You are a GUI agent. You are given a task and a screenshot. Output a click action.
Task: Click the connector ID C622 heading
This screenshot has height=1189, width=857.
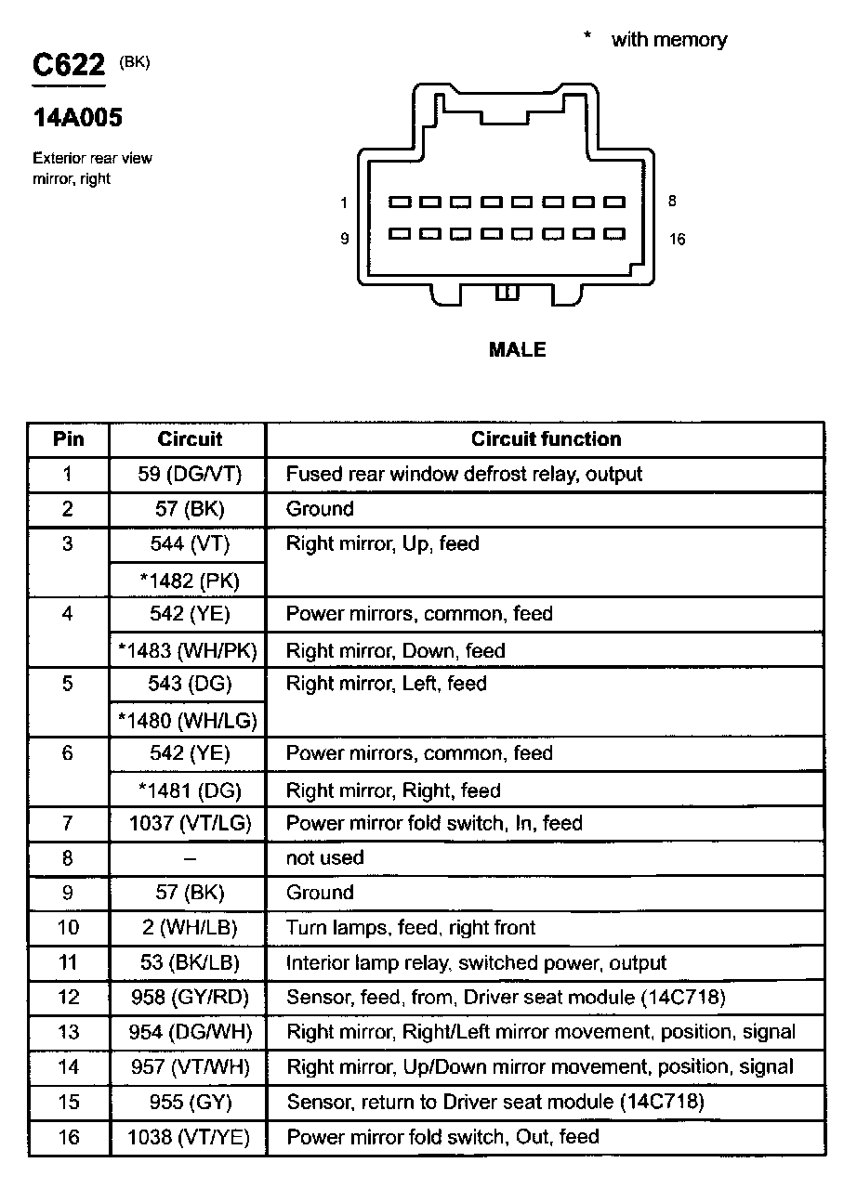click(x=69, y=65)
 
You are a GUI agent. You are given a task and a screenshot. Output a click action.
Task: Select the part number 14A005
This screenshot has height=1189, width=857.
click(x=78, y=118)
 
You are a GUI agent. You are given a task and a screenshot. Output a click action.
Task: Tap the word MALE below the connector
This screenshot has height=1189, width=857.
click(x=517, y=350)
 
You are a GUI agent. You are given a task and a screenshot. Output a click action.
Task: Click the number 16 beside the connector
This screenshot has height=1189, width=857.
click(x=677, y=240)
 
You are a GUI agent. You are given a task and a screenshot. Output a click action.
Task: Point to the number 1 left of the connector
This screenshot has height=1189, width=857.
click(x=344, y=203)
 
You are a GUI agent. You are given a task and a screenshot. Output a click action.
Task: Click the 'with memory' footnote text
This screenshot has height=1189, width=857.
click(x=668, y=40)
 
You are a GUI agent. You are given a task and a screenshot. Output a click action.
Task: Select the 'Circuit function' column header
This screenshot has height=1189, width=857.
click(x=546, y=438)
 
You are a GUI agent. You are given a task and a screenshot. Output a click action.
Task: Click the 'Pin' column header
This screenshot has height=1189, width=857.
click(x=68, y=438)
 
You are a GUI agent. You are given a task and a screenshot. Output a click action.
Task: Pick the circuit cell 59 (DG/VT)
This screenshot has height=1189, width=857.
click(x=189, y=474)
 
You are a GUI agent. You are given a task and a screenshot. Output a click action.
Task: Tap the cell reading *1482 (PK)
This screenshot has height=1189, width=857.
click(x=189, y=581)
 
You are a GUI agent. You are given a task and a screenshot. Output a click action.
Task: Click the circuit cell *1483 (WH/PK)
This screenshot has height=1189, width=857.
click(x=189, y=650)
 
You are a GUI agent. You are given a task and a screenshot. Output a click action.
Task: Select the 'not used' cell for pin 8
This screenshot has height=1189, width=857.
click(x=324, y=857)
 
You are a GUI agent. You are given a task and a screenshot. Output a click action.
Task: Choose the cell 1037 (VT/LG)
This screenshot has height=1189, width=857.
click(x=189, y=823)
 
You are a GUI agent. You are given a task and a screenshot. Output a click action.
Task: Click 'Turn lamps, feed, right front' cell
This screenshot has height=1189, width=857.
click(x=410, y=927)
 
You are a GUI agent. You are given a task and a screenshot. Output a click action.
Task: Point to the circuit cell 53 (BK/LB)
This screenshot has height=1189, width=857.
click(x=189, y=962)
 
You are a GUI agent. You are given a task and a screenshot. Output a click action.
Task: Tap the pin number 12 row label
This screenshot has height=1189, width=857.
click(x=68, y=997)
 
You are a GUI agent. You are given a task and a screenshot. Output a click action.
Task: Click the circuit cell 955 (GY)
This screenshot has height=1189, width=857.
click(x=189, y=1102)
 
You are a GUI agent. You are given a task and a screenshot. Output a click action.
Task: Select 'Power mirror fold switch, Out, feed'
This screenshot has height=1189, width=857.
click(x=442, y=1136)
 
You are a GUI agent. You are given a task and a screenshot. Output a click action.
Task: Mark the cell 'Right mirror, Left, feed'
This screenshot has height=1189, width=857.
click(x=386, y=684)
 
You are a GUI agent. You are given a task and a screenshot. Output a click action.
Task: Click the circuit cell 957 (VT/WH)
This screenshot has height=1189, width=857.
click(x=189, y=1066)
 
